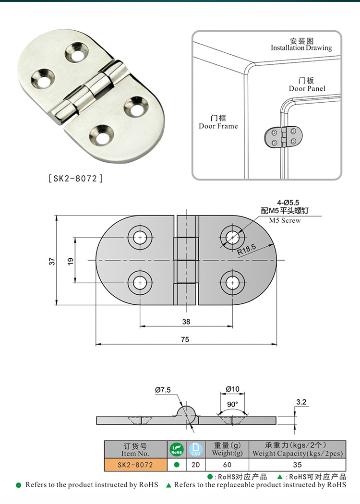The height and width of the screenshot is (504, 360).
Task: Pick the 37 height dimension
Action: point(52,261)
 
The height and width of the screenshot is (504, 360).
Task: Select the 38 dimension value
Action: point(186,322)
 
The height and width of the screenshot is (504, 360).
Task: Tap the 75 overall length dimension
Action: point(185,339)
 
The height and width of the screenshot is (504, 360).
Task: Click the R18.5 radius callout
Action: point(246,248)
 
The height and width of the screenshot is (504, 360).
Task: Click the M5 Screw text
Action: point(284,220)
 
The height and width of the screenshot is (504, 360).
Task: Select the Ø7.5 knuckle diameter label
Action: point(163,390)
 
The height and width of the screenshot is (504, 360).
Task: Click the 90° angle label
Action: point(232,404)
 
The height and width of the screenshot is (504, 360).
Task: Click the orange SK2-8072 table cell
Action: point(135,465)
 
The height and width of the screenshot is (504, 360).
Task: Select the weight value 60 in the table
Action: point(227,465)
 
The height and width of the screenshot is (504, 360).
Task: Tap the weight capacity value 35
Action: point(297,465)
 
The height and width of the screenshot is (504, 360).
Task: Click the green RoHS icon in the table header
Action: point(176,449)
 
